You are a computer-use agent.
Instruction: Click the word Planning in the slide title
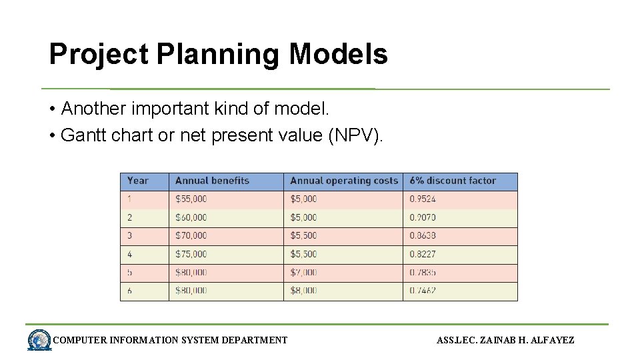219,55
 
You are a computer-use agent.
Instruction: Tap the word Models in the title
338,54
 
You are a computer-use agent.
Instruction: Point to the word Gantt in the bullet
81,135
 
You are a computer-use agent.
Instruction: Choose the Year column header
137,181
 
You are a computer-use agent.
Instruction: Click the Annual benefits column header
212,181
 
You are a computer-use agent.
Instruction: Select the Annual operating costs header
343,181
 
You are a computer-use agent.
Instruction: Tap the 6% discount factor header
453,181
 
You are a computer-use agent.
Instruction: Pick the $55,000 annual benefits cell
191,199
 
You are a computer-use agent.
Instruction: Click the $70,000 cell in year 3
191,235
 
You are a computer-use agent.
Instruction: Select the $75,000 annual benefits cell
191,254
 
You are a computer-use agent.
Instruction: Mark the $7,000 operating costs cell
304,272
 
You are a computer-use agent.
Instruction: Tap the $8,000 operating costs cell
304,291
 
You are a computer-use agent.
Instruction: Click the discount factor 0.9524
423,199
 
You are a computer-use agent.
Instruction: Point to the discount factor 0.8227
423,254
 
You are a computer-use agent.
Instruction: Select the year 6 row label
130,291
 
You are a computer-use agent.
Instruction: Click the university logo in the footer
39,340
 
